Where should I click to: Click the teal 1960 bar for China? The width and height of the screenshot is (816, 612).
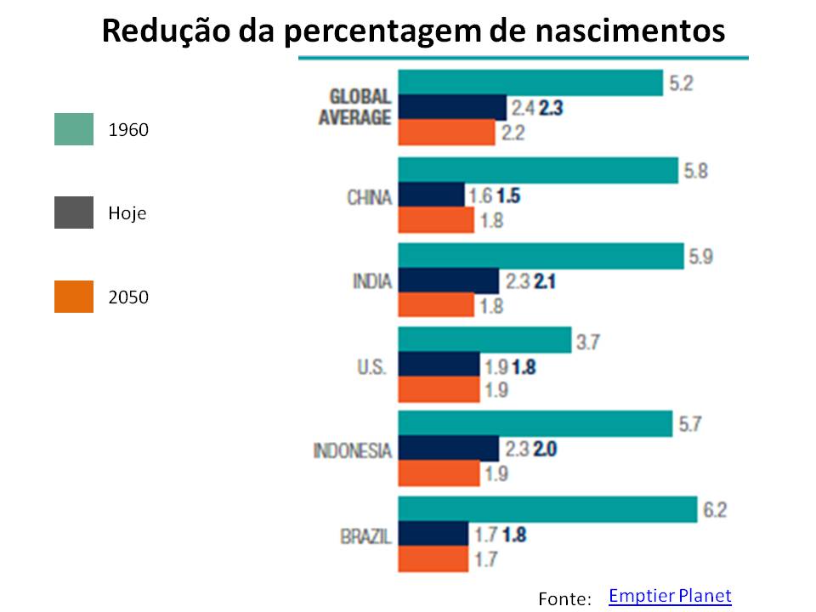(x=537, y=171)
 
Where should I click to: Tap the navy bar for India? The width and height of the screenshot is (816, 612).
(x=448, y=280)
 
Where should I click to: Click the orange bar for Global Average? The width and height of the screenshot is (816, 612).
(x=446, y=133)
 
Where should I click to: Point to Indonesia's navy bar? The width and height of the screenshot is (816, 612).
(x=448, y=449)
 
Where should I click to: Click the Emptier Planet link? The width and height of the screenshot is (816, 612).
(x=670, y=596)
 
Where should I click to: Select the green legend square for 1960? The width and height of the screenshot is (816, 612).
(x=74, y=129)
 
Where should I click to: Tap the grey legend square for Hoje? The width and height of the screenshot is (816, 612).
(x=74, y=212)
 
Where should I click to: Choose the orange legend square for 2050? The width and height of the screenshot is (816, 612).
(x=74, y=297)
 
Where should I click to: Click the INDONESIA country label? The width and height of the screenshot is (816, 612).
(x=353, y=450)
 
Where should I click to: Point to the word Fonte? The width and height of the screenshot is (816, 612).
(x=564, y=599)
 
